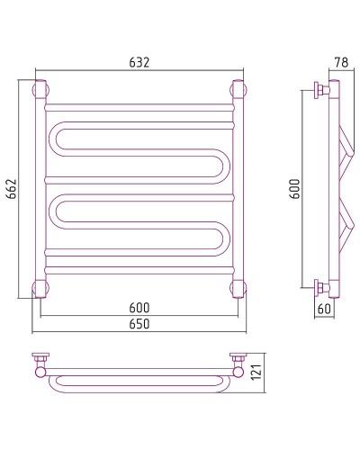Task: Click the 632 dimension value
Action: [x=139, y=62]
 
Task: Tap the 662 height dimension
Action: [x=12, y=189]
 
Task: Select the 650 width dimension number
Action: [x=139, y=324]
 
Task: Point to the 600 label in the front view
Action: [x=139, y=308]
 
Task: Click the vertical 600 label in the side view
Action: [x=295, y=189]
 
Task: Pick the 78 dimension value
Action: [x=342, y=62]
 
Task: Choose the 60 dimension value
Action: [x=324, y=309]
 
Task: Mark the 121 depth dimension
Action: [x=256, y=372]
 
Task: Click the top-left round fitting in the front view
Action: [x=40, y=89]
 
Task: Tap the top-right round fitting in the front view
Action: [x=238, y=89]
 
